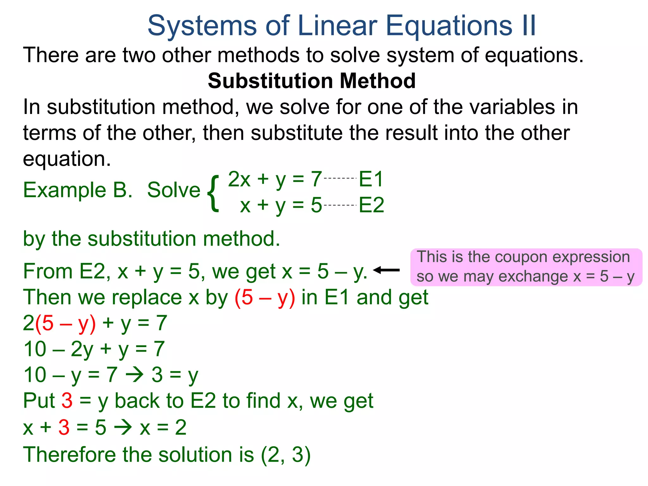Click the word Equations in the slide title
449,26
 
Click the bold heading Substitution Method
312,81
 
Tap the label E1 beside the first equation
371,179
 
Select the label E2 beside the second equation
371,205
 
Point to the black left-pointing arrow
386,270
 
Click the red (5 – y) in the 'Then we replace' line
265,297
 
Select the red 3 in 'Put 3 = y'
67,401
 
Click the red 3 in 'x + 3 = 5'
64,427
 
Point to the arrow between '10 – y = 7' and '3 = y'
135,375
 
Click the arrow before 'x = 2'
123,427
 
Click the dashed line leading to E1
340,178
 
